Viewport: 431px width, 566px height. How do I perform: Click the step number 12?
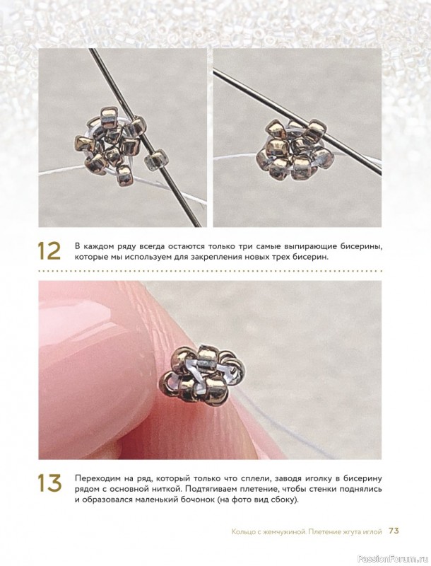pyautogui.click(x=49, y=251)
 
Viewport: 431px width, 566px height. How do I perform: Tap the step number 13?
pyautogui.click(x=49, y=484)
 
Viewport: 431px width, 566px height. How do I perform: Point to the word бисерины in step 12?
pyautogui.click(x=362, y=247)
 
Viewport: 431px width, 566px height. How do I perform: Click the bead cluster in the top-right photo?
pyautogui.click(x=295, y=151)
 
